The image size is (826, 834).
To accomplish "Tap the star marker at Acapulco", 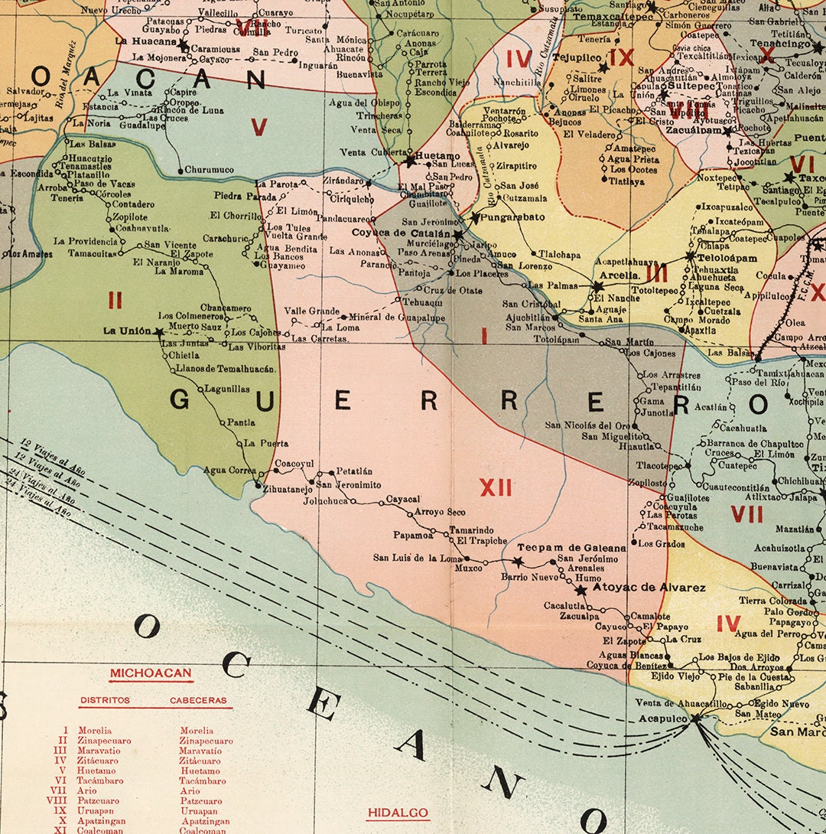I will (695, 718).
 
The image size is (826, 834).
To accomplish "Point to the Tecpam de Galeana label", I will (571, 548).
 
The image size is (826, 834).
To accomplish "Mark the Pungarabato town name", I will (513, 217).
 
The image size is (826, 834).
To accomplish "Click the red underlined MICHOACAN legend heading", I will (150, 674).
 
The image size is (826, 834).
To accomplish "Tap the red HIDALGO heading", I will (397, 813).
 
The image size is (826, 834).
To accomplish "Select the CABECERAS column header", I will (198, 700).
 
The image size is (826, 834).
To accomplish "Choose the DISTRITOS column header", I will (104, 700).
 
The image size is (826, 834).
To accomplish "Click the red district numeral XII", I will (496, 487).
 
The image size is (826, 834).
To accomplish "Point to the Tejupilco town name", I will (577, 57).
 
